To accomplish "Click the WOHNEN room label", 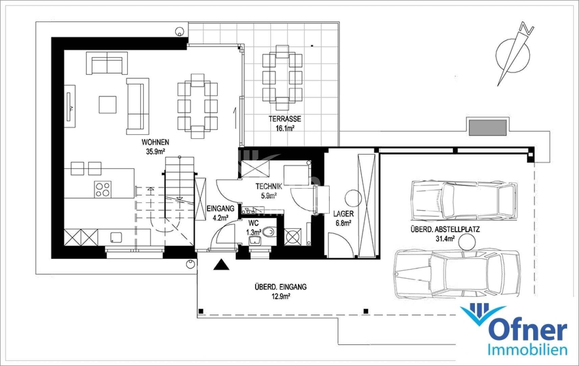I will [155, 142].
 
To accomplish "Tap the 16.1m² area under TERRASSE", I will [285, 128].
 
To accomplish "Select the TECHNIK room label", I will [269, 186].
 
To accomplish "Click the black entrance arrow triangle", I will [222, 265].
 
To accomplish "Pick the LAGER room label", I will [343, 214].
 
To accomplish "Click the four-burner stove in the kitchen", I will [103, 189].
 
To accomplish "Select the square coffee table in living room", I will [108, 104].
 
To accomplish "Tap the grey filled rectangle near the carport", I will [487, 127].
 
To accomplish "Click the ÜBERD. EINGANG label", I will [280, 287].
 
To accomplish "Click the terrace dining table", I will [282, 78].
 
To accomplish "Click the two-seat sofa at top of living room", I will [107, 63].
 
